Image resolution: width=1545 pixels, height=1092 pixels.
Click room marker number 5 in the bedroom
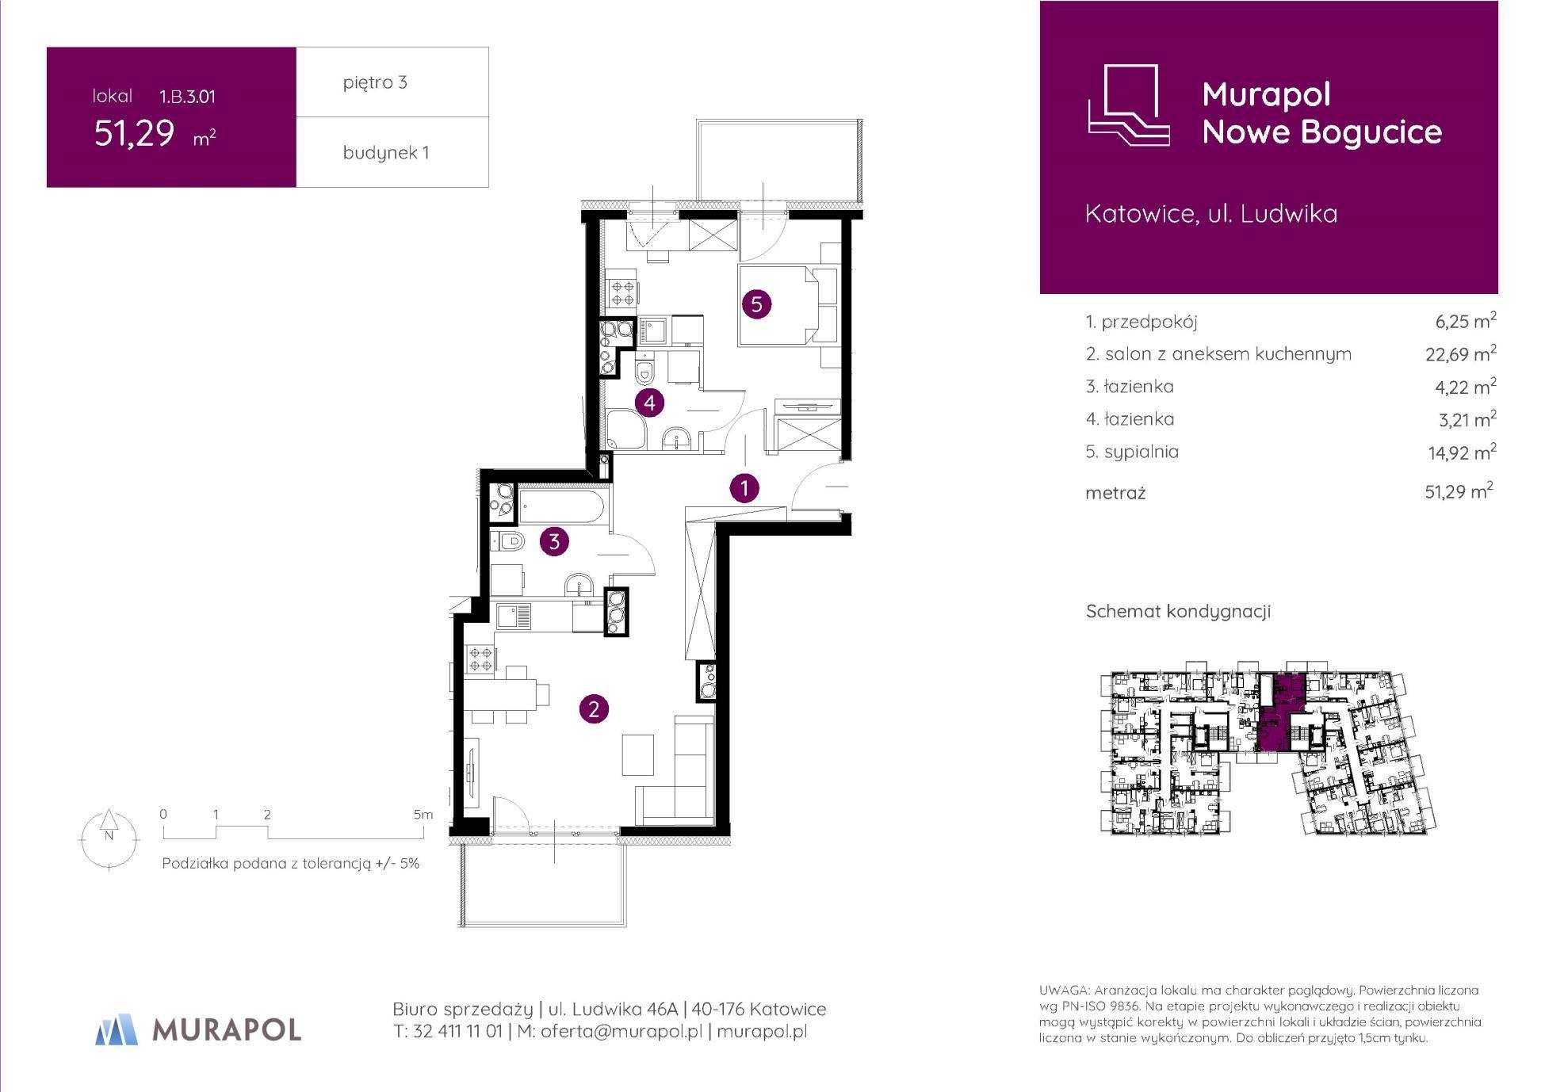click(x=756, y=304)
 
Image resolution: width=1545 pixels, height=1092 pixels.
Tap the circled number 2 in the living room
click(x=594, y=708)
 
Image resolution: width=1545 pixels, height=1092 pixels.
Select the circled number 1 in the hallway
click(x=744, y=488)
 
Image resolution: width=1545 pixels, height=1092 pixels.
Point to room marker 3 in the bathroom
click(x=554, y=541)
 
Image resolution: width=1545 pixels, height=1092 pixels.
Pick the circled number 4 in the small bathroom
click(x=649, y=403)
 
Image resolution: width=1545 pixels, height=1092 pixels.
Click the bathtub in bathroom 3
click(x=563, y=506)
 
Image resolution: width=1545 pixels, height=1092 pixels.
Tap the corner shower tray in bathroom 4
click(x=626, y=430)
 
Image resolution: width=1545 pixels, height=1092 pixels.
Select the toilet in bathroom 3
click(x=508, y=542)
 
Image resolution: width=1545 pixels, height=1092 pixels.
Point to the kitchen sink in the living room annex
click(x=513, y=616)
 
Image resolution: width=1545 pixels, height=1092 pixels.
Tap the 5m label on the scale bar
click(x=423, y=814)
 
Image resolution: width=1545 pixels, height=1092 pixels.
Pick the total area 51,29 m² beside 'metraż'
click(x=1459, y=491)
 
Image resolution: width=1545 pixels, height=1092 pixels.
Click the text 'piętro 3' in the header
click(x=375, y=82)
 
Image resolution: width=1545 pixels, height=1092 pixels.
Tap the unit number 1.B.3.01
click(x=187, y=97)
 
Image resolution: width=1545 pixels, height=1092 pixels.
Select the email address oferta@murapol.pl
click(x=621, y=1032)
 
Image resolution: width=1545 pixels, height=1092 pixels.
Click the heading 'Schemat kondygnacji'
click(x=1178, y=612)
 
